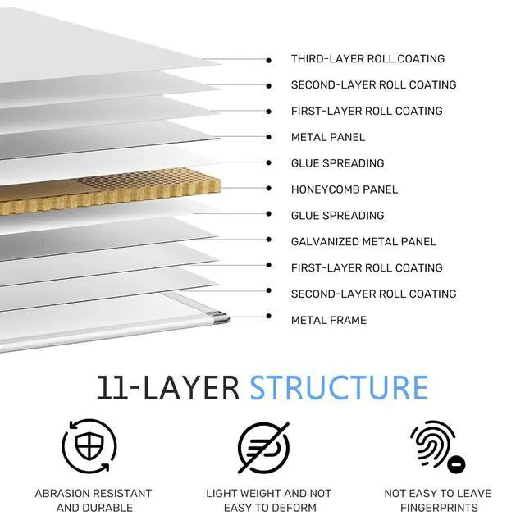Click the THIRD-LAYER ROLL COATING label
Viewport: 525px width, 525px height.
pyautogui.click(x=367, y=59)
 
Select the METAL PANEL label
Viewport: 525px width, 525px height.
pyautogui.click(x=328, y=137)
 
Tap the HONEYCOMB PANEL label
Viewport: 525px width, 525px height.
pyautogui.click(x=345, y=189)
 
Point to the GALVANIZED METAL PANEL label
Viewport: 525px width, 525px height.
pyautogui.click(x=363, y=242)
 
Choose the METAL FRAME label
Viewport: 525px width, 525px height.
pyautogui.click(x=329, y=320)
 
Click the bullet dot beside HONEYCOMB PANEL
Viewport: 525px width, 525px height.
pyautogui.click(x=268, y=189)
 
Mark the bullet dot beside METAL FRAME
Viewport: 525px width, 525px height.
pyautogui.click(x=268, y=316)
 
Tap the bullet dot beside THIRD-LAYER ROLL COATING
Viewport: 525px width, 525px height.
pyautogui.click(x=268, y=60)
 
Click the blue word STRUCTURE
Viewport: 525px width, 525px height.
pyautogui.click(x=339, y=388)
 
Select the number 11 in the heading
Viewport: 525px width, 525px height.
pyautogui.click(x=112, y=388)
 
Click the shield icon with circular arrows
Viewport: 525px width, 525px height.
pyautogui.click(x=89, y=446)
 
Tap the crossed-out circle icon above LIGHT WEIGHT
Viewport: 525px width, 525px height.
pyautogui.click(x=263, y=448)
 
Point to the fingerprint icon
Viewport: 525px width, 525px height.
pyautogui.click(x=437, y=446)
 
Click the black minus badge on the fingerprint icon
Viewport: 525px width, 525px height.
pyautogui.click(x=456, y=465)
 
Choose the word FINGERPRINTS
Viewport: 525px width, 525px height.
pyautogui.click(x=439, y=508)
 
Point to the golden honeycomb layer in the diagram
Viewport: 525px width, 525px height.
pyautogui.click(x=111, y=190)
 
